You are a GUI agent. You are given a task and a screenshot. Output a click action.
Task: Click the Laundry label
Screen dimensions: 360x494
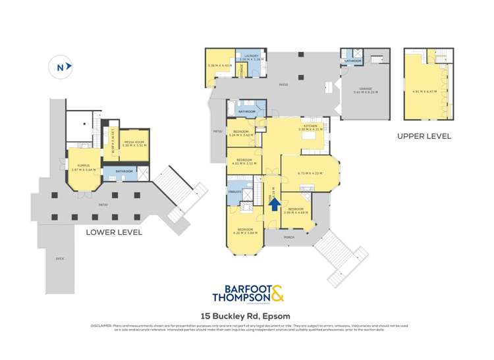(252, 56)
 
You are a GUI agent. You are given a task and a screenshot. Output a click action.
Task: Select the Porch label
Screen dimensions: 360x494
(288, 236)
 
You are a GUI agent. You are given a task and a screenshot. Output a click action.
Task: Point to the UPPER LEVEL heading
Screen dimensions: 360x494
(424, 136)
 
